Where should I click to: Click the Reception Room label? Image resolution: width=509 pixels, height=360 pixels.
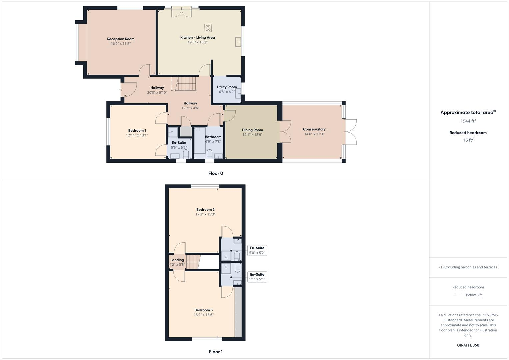tap(121, 39)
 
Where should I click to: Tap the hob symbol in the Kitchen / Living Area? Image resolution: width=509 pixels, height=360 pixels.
tap(208, 28)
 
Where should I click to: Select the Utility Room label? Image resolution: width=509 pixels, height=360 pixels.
tap(227, 87)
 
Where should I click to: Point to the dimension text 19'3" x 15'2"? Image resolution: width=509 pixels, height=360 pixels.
tap(197, 42)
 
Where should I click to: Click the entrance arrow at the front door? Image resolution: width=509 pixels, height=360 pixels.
tap(121, 89)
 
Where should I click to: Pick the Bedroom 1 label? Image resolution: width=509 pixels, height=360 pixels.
tap(137, 131)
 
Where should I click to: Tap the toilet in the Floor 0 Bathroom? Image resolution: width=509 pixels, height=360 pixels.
tap(210, 154)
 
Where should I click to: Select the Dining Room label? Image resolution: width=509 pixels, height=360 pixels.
tap(252, 130)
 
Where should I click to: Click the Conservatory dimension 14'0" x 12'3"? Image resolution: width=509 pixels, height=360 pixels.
tap(314, 134)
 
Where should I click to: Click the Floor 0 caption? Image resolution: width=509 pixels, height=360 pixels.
tap(216, 173)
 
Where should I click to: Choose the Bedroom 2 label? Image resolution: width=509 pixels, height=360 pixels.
tap(205, 210)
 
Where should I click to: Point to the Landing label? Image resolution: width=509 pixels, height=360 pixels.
tap(177, 260)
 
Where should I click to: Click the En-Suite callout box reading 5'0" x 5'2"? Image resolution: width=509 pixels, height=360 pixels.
tap(257, 250)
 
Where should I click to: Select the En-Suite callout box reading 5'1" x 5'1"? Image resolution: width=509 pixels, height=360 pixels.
tap(257, 277)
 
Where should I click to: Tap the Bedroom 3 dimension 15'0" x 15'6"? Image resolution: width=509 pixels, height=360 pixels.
tap(204, 315)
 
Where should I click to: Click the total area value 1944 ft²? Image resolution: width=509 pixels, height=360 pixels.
tap(468, 121)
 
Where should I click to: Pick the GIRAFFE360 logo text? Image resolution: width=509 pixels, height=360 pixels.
tap(468, 345)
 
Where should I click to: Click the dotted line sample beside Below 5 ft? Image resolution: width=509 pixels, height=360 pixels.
tap(459, 295)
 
